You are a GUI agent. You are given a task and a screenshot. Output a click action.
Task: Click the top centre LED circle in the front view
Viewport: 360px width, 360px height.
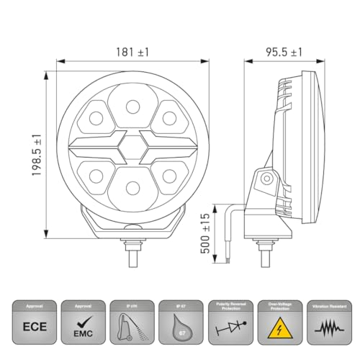[x=132, y=107]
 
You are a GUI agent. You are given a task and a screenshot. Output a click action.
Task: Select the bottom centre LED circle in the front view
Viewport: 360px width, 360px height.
[x=132, y=188]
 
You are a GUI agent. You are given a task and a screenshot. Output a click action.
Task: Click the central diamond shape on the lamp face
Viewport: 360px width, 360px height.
[x=132, y=148]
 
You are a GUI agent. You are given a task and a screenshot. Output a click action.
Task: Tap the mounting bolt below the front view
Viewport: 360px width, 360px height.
[x=132, y=249]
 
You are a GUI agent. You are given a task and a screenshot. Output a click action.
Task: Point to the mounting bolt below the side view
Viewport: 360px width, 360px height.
[x=263, y=249]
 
